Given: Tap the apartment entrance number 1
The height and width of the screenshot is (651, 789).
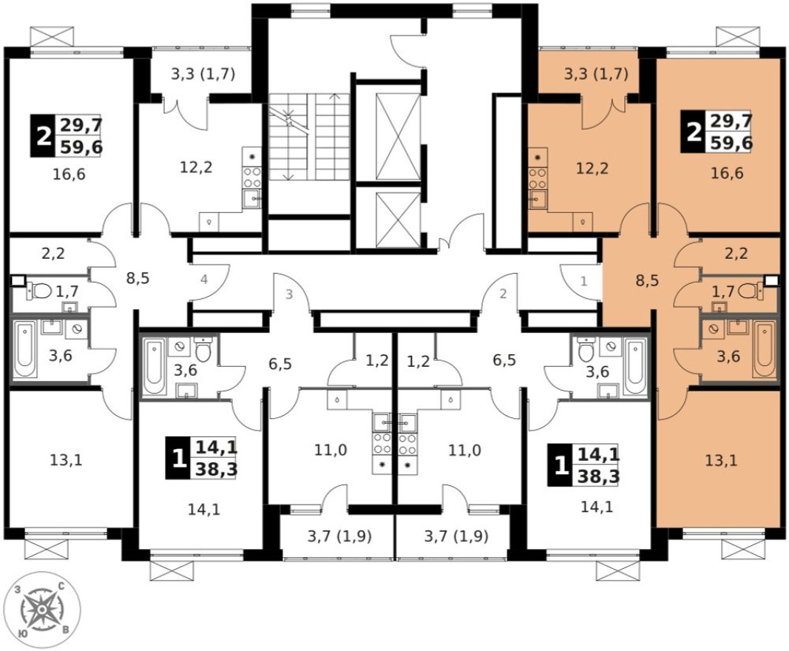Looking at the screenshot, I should (x=583, y=281).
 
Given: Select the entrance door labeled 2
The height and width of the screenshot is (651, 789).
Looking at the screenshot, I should (x=504, y=294).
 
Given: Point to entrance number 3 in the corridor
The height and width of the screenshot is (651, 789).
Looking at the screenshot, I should (x=289, y=294).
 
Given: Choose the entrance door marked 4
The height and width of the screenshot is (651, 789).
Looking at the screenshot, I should (x=204, y=280).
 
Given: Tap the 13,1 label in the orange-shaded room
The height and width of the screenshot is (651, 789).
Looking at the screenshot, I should (x=720, y=460).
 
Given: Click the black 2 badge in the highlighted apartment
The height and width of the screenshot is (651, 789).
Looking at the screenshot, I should (x=694, y=132).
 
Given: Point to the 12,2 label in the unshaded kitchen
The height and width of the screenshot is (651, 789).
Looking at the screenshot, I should (x=196, y=167).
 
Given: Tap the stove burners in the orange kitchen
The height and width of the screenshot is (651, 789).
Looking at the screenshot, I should (x=537, y=176).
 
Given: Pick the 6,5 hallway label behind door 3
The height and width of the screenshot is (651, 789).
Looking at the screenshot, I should (x=280, y=363).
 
